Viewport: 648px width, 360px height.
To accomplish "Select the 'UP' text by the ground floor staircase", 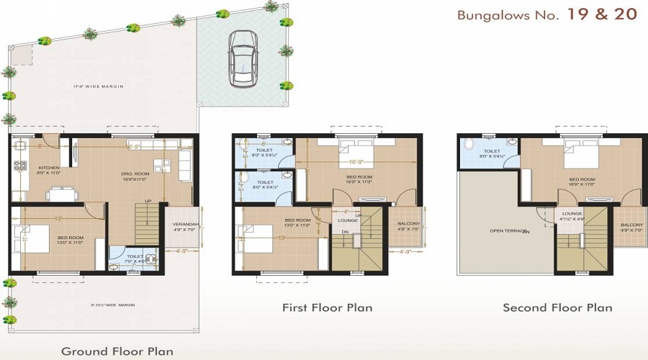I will tap(148, 201).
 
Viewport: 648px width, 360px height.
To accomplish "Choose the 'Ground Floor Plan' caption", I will tap(117, 351).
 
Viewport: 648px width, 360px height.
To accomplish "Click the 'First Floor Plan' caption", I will tap(327, 308).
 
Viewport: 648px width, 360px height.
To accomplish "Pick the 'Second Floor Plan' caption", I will tap(557, 308).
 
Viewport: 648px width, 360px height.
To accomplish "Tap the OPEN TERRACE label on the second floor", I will tap(508, 231).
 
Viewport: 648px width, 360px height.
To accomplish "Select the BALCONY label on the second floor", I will tap(631, 225).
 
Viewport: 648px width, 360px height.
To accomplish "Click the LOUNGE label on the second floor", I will tap(572, 213).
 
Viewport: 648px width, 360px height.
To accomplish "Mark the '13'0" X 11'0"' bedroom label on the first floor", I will tap(297, 225).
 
